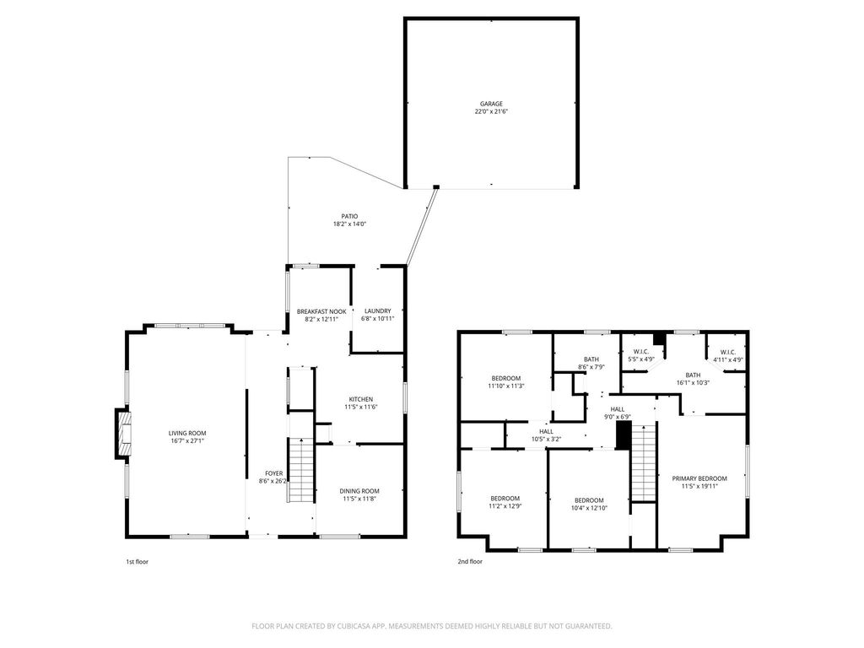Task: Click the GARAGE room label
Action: [x=491, y=104]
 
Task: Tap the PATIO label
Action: [x=349, y=217]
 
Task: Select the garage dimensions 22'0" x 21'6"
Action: [x=491, y=111]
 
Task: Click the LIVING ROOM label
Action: [x=187, y=433]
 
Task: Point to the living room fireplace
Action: [x=123, y=433]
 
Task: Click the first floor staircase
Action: [x=301, y=469]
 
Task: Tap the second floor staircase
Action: [x=644, y=463]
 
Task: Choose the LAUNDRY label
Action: [x=377, y=310]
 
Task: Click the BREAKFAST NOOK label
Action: [x=321, y=311]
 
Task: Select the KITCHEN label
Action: [x=361, y=399]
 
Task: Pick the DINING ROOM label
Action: [x=359, y=491]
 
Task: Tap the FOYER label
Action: [x=274, y=473]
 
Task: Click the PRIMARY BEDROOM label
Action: [x=699, y=478]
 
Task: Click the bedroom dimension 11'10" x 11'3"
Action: [x=506, y=386]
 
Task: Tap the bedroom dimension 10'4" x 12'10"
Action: [x=589, y=508]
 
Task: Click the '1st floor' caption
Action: [x=138, y=562]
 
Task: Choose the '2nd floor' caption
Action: [x=469, y=561]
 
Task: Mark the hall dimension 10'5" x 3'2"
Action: [x=546, y=439]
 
